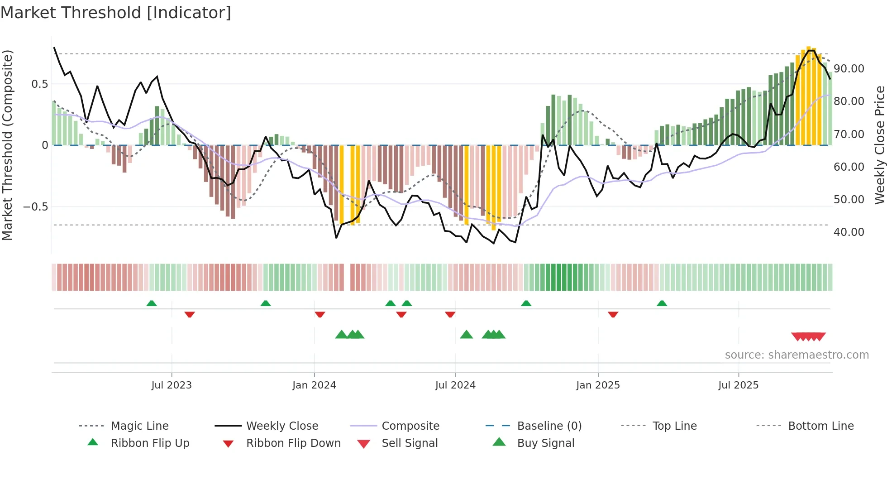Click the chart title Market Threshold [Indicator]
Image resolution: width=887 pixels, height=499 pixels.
coord(116,13)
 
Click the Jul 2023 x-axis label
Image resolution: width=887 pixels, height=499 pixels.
coord(172,385)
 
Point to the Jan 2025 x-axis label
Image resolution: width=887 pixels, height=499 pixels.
coord(598,385)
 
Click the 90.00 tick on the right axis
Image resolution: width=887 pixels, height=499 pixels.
coord(849,69)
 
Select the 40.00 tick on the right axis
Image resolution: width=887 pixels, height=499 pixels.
coord(849,232)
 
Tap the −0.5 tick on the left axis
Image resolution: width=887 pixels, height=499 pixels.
coord(35,207)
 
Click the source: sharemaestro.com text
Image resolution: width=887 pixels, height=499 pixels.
coord(796,355)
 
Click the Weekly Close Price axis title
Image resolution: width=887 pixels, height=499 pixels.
coord(879,145)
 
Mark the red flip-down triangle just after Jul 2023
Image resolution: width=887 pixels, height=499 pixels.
coord(190,314)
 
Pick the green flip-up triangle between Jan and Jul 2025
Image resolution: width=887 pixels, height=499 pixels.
coord(662,303)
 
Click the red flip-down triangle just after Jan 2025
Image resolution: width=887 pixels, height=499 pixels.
coord(613,314)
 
